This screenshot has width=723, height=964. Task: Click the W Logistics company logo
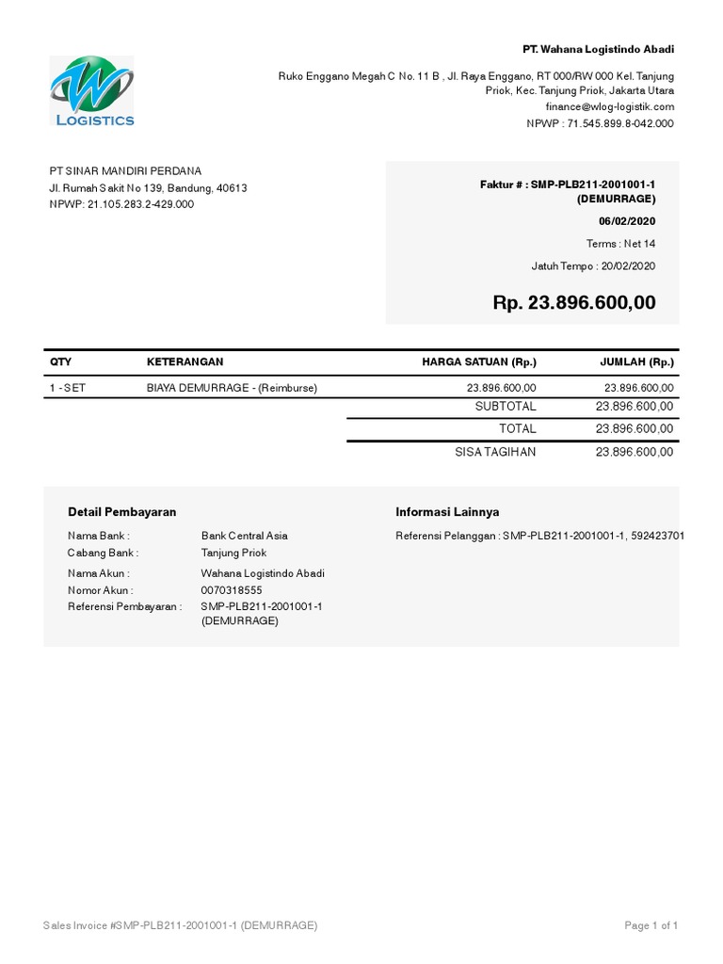coord(92,91)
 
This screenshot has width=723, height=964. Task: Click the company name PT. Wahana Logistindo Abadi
coord(599,49)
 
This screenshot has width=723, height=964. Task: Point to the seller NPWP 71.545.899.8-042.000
coord(600,123)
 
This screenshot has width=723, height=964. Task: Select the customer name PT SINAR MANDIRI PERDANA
coord(125,170)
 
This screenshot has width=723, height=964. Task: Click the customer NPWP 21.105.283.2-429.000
coord(121,204)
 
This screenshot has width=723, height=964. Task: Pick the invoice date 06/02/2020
coord(627,221)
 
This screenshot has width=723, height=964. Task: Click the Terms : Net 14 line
coord(620,244)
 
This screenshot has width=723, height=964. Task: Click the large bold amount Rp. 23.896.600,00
coord(574,303)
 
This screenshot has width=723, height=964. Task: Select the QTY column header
coord(60,362)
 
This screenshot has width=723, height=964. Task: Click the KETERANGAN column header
coord(185,362)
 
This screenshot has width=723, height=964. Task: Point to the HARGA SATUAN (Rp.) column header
coord(479,362)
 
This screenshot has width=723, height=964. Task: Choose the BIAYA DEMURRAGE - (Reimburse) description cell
coord(232,388)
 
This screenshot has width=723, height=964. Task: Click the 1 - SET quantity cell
coord(68,388)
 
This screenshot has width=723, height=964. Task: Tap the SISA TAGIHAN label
coord(495,452)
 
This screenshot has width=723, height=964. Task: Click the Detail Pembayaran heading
coord(122,512)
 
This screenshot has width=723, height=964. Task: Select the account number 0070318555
coord(232,590)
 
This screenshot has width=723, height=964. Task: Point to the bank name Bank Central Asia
coord(245,536)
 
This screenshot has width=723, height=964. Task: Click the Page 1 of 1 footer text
coord(651,926)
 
